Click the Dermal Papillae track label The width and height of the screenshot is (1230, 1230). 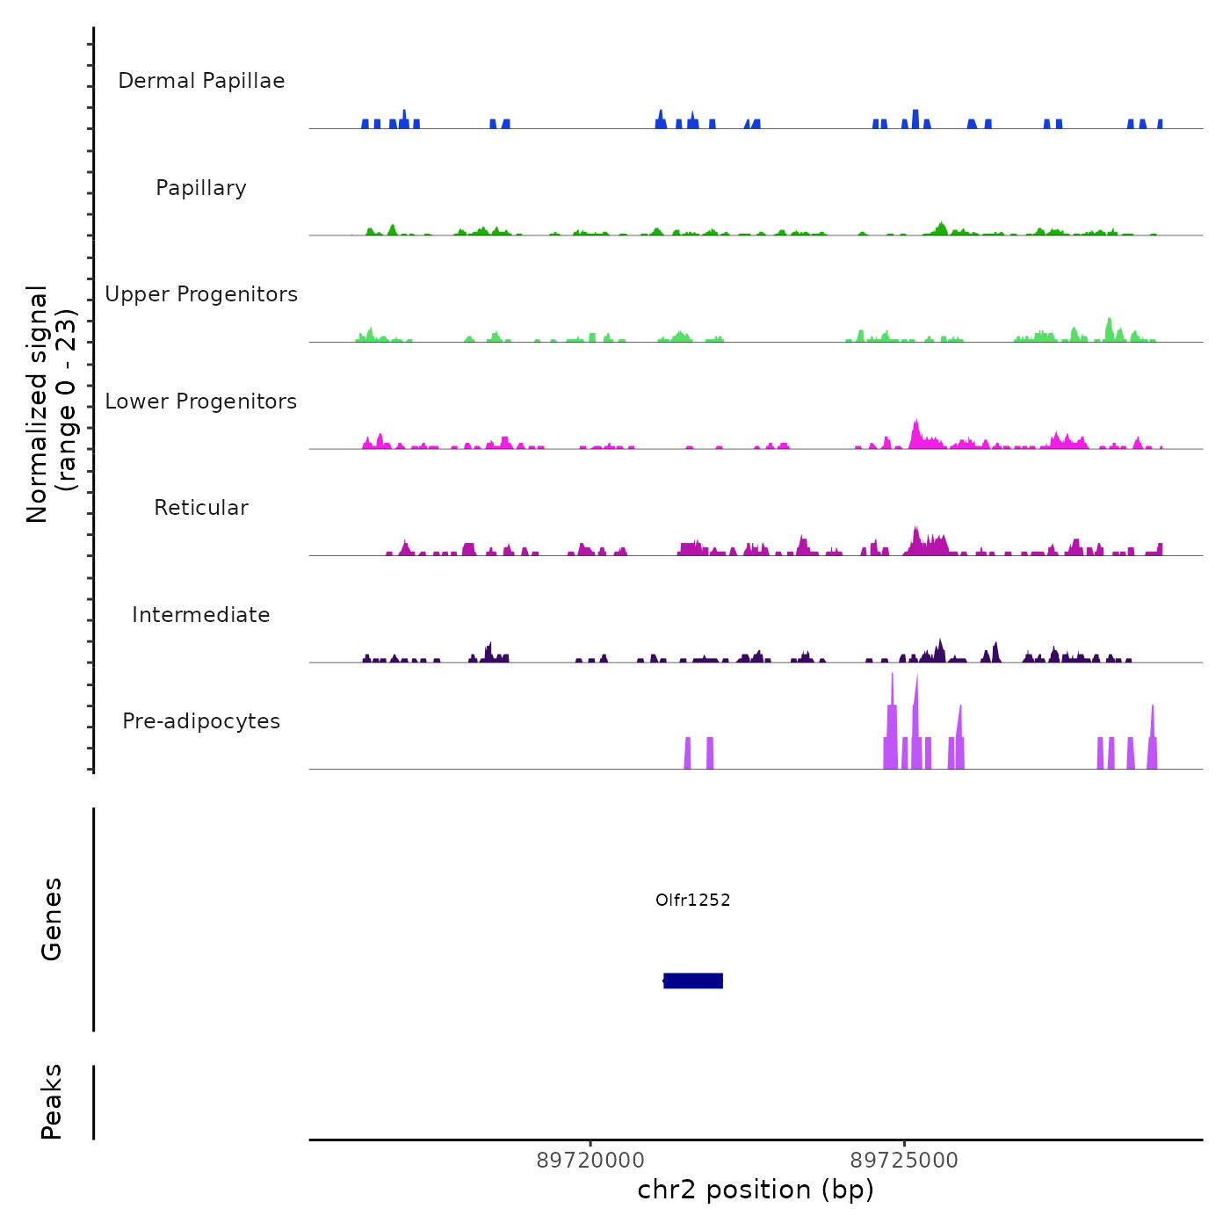(201, 81)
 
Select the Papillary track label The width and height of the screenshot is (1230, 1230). (201, 188)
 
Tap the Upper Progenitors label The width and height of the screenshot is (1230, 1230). (201, 294)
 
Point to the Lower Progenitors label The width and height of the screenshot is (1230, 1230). (201, 402)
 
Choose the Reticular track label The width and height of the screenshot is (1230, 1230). (201, 508)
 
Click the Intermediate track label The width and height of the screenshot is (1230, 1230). (201, 615)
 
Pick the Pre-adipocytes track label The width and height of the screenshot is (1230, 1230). (201, 721)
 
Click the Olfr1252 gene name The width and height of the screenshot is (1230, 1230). (693, 900)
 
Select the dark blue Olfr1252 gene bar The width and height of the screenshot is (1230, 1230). (693, 980)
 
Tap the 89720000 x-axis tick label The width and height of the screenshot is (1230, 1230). (590, 1161)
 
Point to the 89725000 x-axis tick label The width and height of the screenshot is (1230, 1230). (904, 1161)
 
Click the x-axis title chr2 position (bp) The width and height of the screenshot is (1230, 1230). (756, 1190)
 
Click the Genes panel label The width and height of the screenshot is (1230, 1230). (52, 919)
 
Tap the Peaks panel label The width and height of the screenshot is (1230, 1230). (52, 1102)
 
